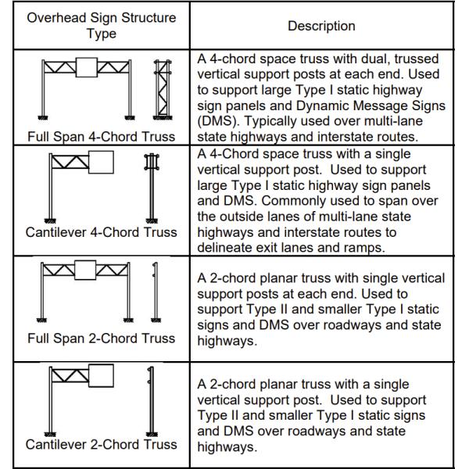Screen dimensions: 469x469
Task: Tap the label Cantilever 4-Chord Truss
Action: [x=101, y=231]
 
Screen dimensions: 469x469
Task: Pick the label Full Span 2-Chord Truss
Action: [x=101, y=338]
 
